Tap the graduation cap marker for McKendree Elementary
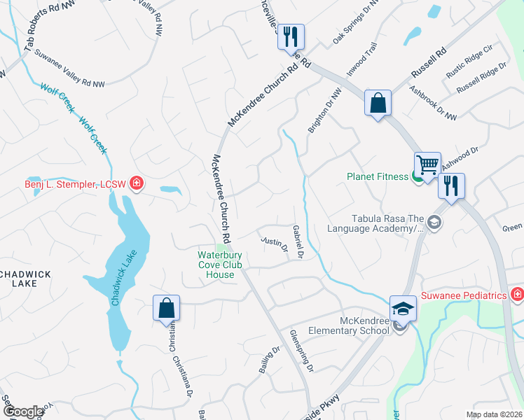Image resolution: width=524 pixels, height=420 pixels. click(x=404, y=308)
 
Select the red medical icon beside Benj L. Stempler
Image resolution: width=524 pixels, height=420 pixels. click(x=137, y=184)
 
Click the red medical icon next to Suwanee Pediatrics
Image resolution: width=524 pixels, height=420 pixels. click(x=517, y=295)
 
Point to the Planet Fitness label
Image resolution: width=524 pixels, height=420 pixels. click(x=378, y=176)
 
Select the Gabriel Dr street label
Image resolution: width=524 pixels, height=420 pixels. click(x=298, y=242)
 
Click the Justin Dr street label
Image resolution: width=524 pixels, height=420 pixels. click(x=274, y=244)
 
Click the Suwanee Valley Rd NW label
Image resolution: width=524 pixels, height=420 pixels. click(x=70, y=64)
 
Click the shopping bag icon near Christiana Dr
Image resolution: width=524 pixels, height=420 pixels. click(x=167, y=308)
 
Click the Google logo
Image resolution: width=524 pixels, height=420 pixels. click(x=23, y=412)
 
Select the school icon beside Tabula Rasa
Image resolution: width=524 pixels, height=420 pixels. click(x=434, y=223)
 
